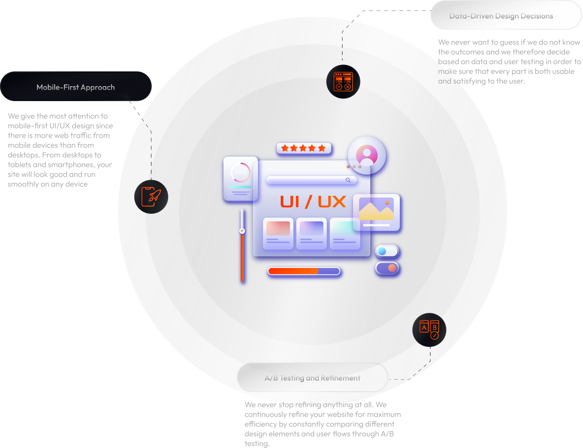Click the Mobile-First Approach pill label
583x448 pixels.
click(x=76, y=87)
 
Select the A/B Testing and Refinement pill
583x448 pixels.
click(x=312, y=378)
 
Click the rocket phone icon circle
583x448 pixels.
click(x=151, y=197)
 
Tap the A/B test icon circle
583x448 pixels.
click(x=429, y=330)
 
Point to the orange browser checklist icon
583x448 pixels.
click(x=343, y=82)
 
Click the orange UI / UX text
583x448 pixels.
click(x=313, y=202)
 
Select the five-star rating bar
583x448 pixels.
click(x=304, y=148)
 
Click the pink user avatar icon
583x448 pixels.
click(x=367, y=155)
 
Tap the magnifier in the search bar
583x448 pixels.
click(x=348, y=180)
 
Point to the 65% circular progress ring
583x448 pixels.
click(x=240, y=172)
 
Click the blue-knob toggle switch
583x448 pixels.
click(x=387, y=251)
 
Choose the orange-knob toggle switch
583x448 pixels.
click(x=387, y=268)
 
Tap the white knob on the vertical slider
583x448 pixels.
click(x=242, y=231)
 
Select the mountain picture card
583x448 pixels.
click(x=376, y=212)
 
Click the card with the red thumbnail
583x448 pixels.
click(x=278, y=233)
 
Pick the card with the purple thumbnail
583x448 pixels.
click(x=311, y=233)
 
